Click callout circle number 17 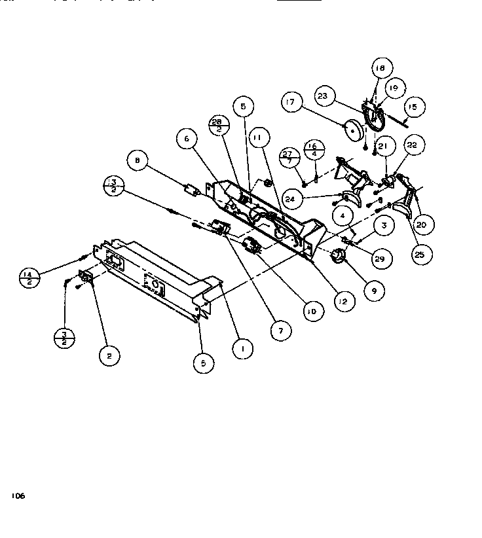(x=292, y=102)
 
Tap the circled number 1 (x=242, y=350)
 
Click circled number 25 (x=422, y=254)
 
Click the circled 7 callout (x=280, y=331)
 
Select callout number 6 (x=187, y=139)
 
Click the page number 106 (x=18, y=497)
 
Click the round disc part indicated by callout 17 (x=354, y=130)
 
